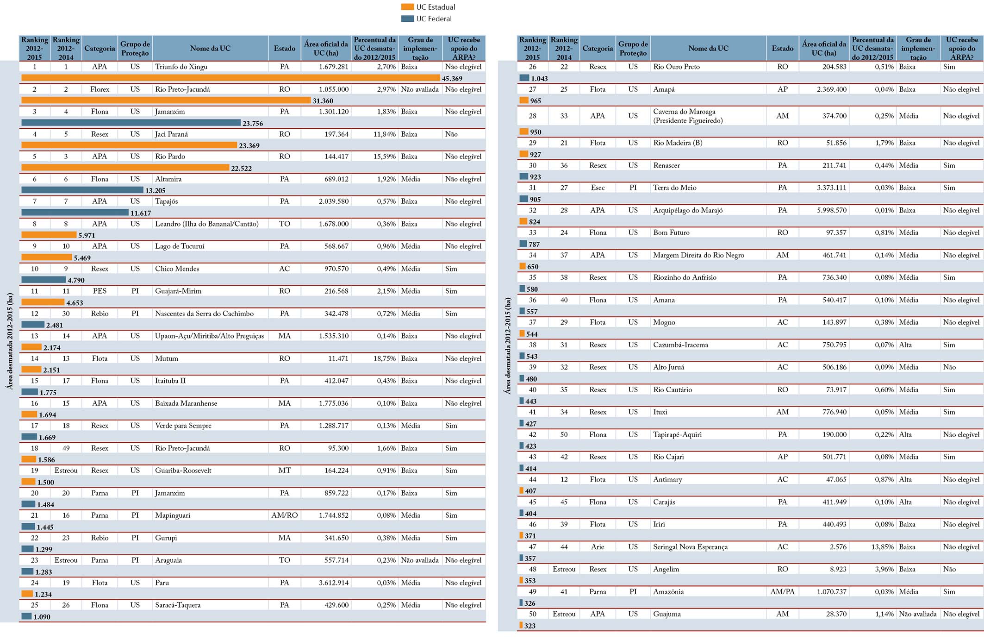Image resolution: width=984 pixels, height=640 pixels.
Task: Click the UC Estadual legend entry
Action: pyautogui.click(x=428, y=7)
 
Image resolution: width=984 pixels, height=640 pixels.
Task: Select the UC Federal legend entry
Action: pyautogui.click(x=426, y=19)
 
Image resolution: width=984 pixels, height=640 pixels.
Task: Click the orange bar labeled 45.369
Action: pyautogui.click(x=230, y=78)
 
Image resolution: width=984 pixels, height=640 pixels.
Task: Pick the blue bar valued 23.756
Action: pyautogui.click(x=131, y=123)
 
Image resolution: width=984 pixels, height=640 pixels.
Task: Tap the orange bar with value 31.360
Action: pyautogui.click(x=166, y=100)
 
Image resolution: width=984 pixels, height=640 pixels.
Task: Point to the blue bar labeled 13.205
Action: pyautogui.click(x=82, y=190)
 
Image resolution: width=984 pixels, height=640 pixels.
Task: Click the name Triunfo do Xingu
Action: pyautogui.click(x=181, y=67)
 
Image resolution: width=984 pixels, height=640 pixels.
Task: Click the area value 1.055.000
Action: pyautogui.click(x=333, y=89)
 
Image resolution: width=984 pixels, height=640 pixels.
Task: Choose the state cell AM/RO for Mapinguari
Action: pyautogui.click(x=284, y=515)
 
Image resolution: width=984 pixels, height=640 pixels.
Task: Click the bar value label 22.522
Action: pyautogui.click(x=241, y=168)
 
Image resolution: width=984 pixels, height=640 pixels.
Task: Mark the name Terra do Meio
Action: pyautogui.click(x=674, y=188)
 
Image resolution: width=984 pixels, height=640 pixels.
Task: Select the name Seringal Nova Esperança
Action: pyautogui.click(x=690, y=547)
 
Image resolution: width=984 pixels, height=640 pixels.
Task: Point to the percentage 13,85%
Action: pyautogui.click(x=882, y=547)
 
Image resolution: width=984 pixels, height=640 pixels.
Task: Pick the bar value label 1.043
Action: pyautogui.click(x=539, y=79)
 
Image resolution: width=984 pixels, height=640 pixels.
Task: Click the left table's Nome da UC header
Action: pyautogui.click(x=210, y=48)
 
